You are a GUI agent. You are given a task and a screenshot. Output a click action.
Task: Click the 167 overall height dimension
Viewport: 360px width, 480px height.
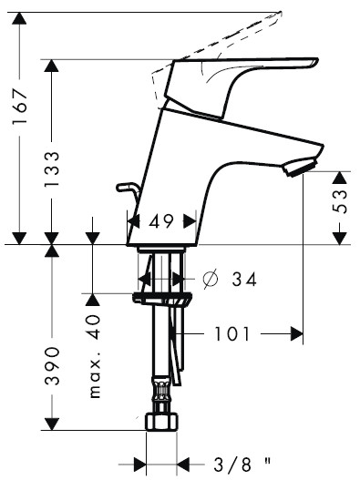pos(20,106)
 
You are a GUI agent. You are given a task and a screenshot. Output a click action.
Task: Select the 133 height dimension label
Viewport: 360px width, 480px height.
pos(51,169)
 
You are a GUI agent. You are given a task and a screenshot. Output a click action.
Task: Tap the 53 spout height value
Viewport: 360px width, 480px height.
pos(340,201)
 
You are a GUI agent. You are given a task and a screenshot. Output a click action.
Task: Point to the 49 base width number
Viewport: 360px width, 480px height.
pos(161,221)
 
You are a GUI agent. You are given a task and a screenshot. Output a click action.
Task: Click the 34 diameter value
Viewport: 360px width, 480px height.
pos(244,280)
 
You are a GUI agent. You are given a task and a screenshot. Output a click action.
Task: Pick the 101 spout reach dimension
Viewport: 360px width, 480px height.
pos(231,333)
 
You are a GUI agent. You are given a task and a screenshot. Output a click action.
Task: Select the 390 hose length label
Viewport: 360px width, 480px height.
pos(51,365)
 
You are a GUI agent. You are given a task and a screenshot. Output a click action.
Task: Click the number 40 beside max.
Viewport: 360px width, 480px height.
pos(92,327)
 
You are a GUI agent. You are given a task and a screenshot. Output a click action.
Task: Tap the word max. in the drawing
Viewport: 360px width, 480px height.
pos(95,378)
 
